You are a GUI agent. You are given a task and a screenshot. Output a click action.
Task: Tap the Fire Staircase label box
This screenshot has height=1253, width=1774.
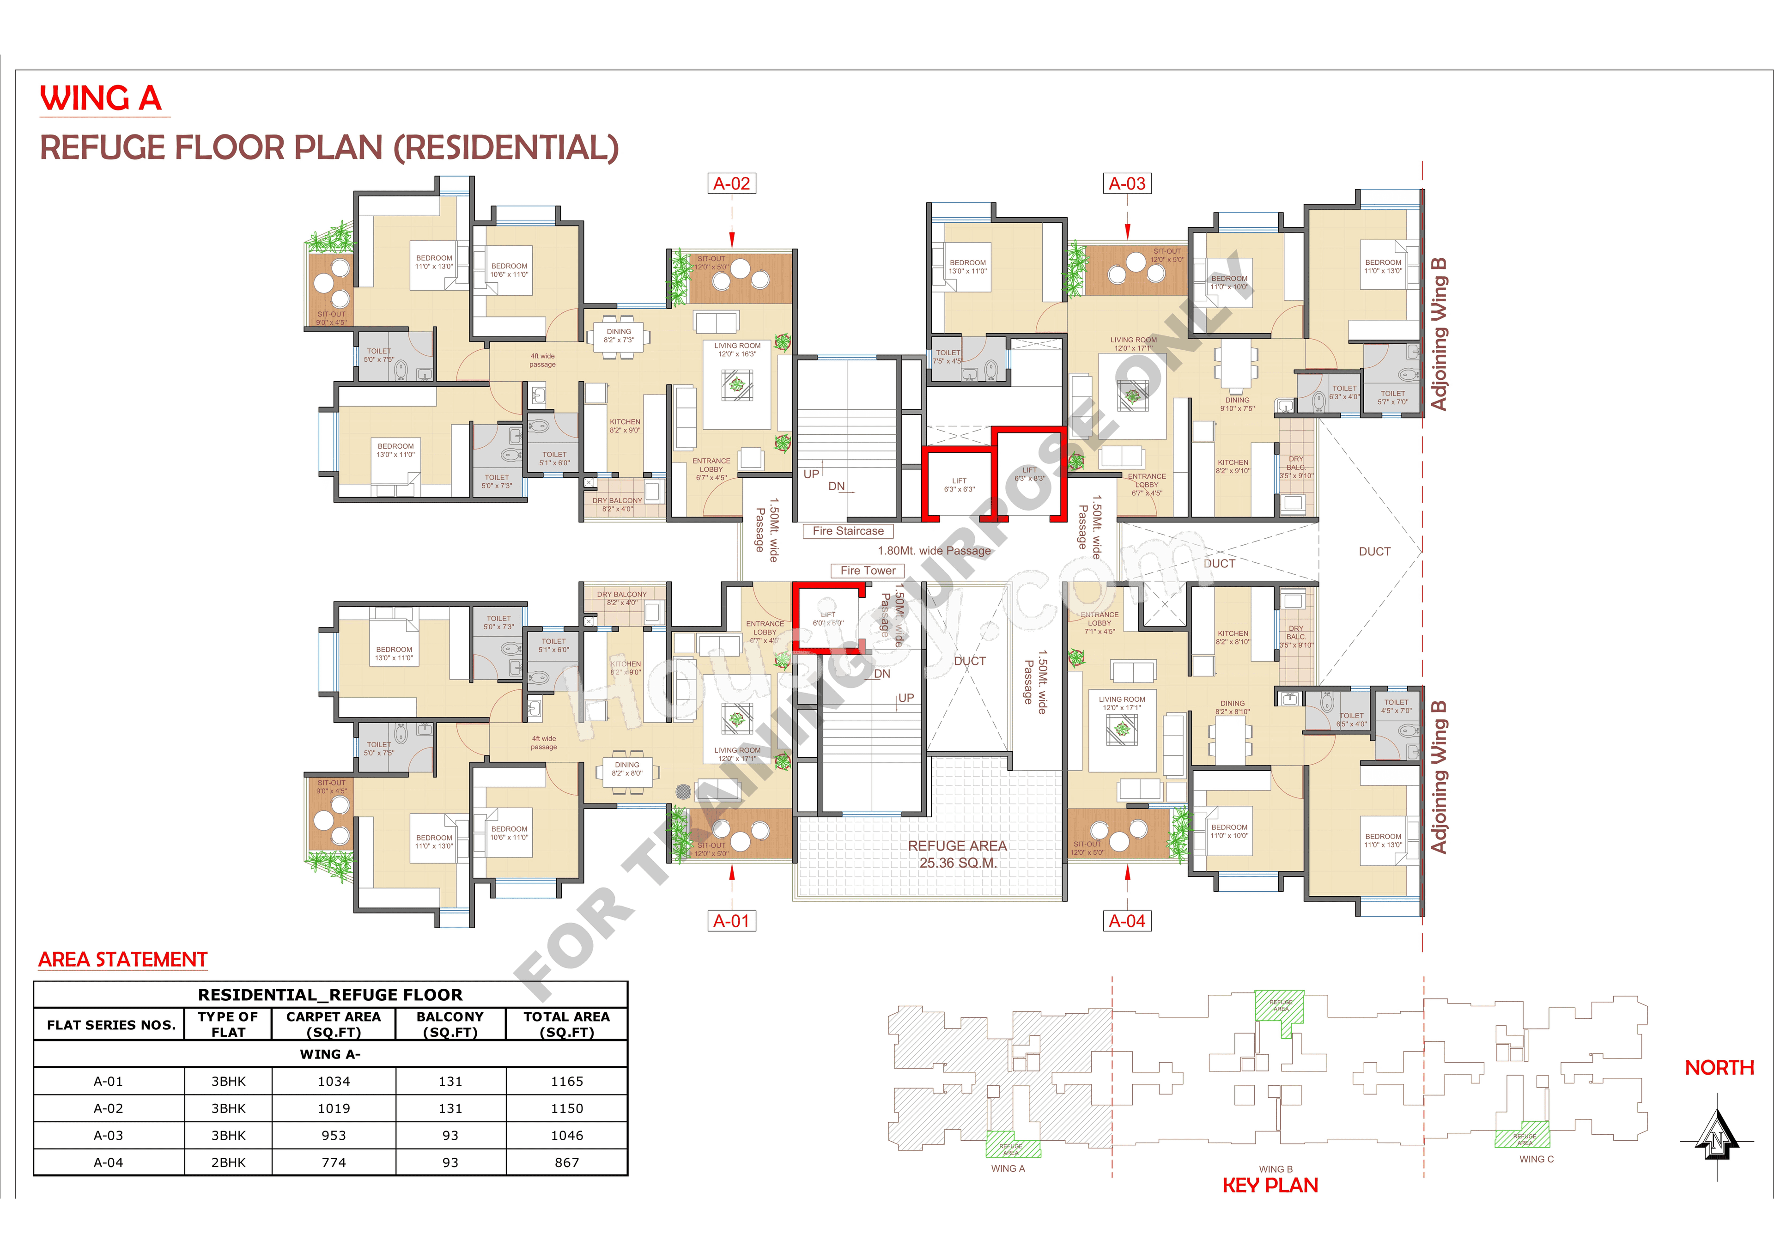[x=848, y=531]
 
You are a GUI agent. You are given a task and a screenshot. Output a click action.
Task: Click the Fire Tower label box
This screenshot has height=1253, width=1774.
[x=868, y=571]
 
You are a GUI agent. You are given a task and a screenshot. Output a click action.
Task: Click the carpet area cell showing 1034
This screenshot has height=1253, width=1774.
[x=334, y=1082]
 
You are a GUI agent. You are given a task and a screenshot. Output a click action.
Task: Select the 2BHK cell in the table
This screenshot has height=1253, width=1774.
[x=228, y=1162]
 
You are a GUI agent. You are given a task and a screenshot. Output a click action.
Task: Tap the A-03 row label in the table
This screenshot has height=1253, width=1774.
[x=108, y=1136]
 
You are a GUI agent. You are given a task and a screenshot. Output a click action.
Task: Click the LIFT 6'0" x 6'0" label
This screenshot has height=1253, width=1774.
[x=827, y=619]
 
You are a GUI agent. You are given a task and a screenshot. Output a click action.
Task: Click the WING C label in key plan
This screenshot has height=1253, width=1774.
[x=1536, y=1160]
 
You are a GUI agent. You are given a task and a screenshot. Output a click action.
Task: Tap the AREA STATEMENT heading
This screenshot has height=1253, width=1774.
[x=123, y=960]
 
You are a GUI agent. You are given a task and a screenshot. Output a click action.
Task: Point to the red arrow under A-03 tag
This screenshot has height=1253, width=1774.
[x=1127, y=230]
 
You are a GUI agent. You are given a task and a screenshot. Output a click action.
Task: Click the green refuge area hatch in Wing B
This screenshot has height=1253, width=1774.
[x=1280, y=1010]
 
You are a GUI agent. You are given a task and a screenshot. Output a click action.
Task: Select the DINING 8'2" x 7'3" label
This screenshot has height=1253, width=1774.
[x=619, y=336]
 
